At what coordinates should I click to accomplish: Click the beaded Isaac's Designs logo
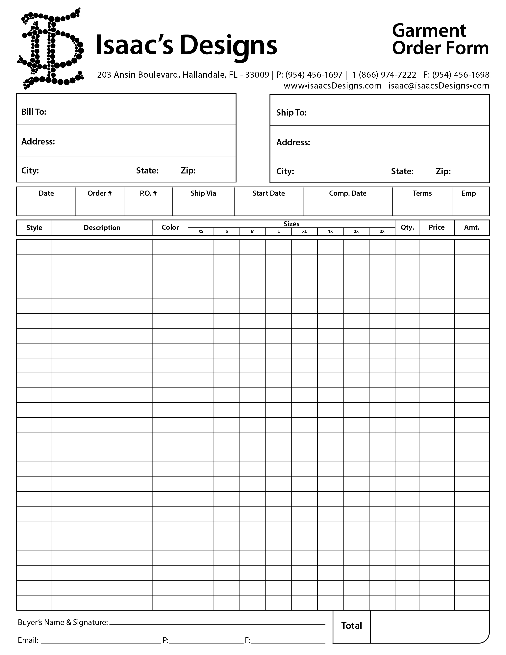click(x=50, y=49)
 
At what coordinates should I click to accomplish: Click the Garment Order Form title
click(x=440, y=39)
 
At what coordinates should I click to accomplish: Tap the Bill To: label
click(x=34, y=112)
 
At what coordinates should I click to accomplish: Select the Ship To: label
click(x=291, y=113)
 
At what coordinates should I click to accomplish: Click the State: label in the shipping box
click(x=402, y=171)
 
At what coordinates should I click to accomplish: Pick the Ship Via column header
click(x=203, y=194)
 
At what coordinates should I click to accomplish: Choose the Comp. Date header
click(x=347, y=194)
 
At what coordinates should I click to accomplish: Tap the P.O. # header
click(x=148, y=194)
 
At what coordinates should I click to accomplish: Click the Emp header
click(x=468, y=194)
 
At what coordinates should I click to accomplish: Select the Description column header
click(x=102, y=228)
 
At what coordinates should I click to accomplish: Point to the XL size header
click(x=304, y=231)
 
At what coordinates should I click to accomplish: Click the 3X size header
click(x=382, y=231)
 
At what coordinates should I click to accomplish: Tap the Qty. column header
click(x=407, y=227)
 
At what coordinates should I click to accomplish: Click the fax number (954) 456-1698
click(x=461, y=75)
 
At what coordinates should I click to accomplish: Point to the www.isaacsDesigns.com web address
click(x=332, y=86)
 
